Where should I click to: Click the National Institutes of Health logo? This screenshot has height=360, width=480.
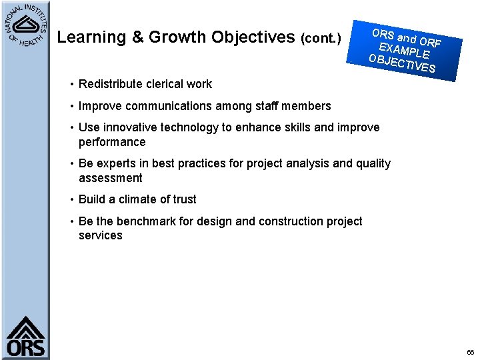click(x=25, y=25)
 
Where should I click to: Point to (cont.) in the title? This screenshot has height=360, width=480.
click(x=321, y=39)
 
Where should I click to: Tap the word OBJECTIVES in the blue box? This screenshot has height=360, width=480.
click(x=402, y=63)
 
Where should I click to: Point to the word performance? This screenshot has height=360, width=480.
click(x=112, y=142)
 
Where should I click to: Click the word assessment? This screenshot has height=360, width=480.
click(x=111, y=178)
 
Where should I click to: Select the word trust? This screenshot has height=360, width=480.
click(x=182, y=199)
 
